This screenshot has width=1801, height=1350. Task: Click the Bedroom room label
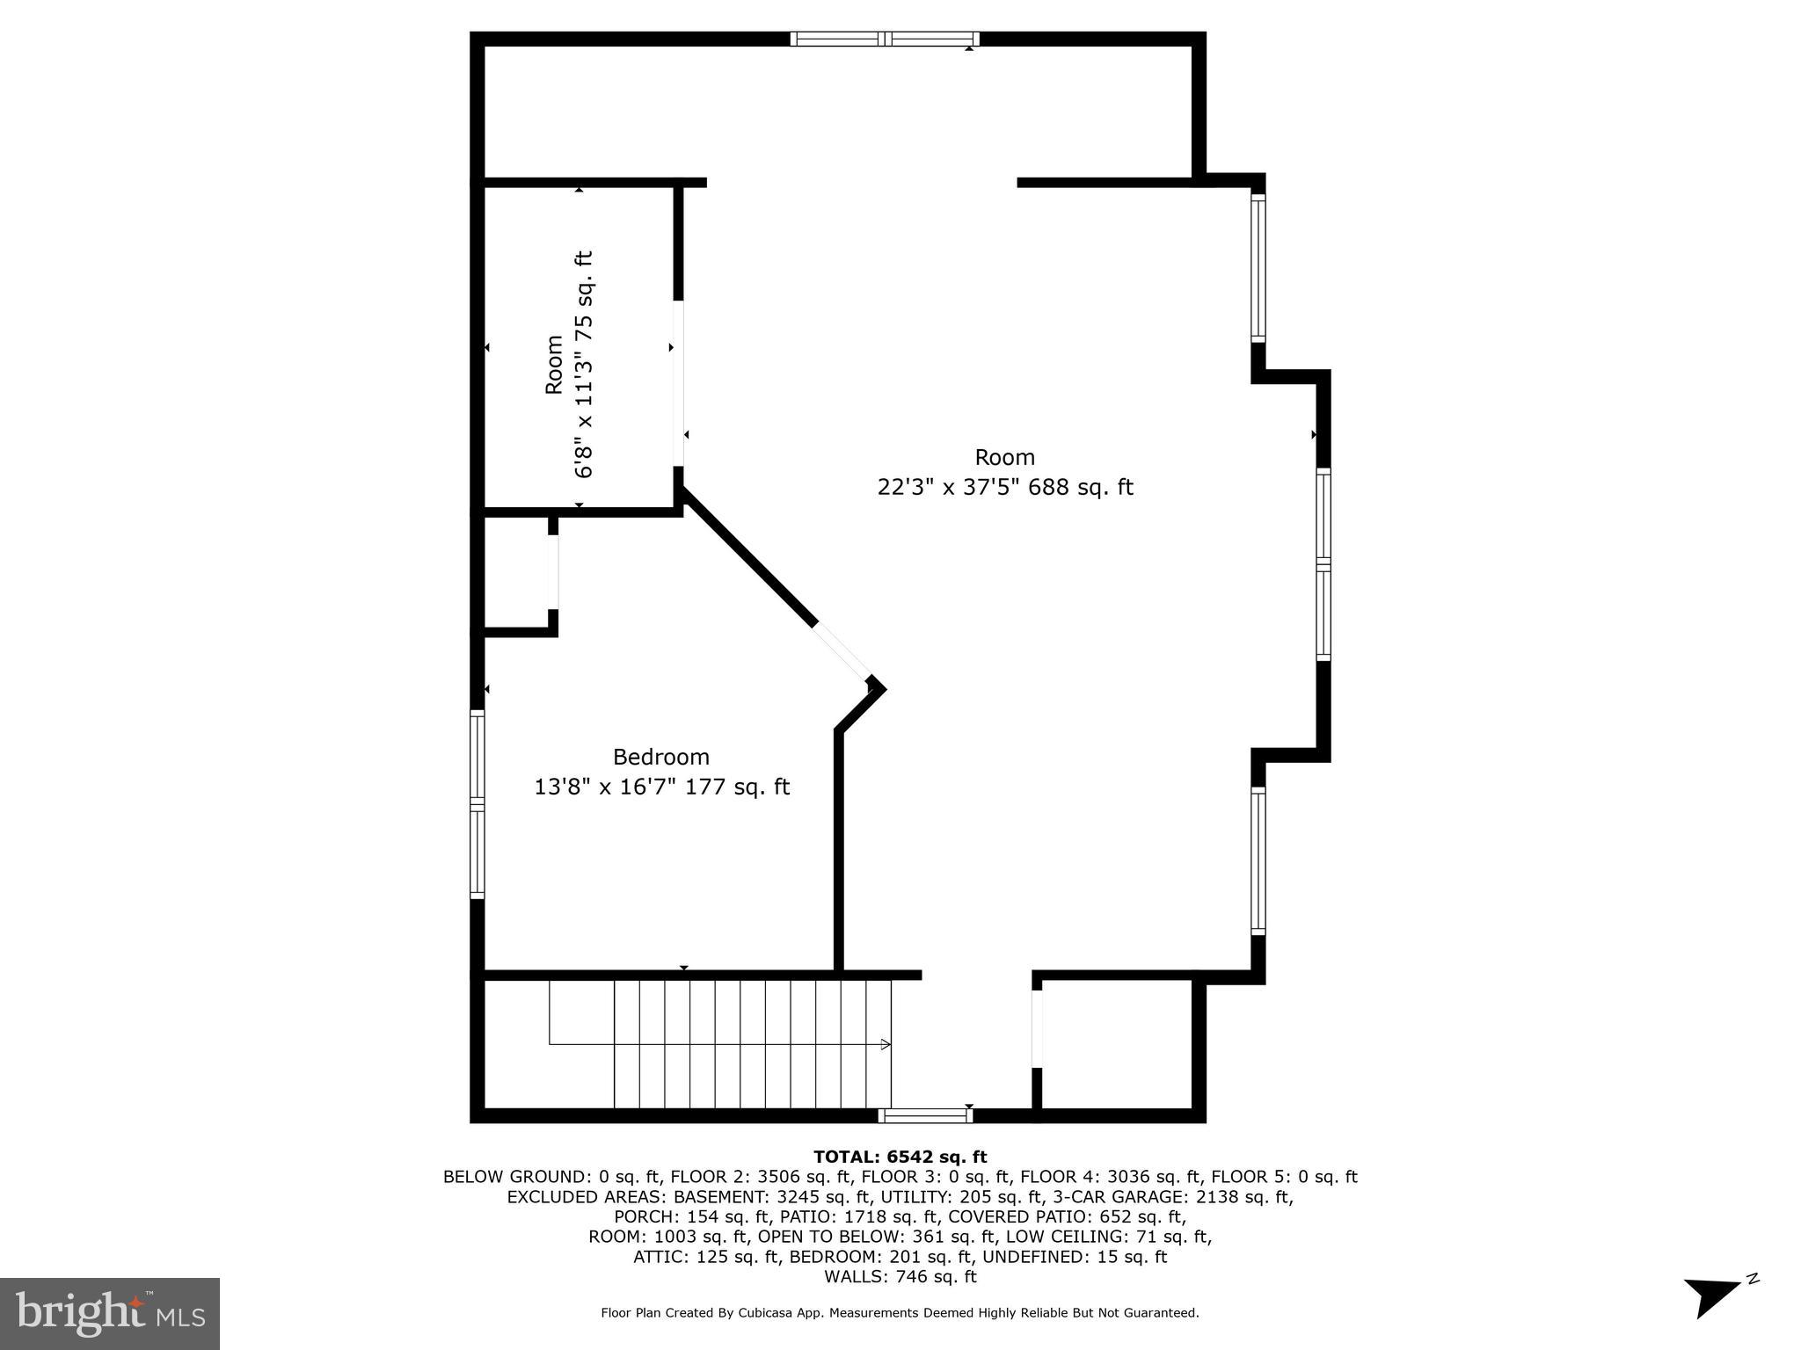click(660, 757)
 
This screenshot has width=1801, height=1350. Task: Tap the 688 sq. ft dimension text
click(1081, 487)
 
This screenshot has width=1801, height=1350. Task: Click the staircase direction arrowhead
click(886, 1044)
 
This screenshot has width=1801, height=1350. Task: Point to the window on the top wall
click(884, 39)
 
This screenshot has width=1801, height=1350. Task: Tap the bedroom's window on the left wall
click(478, 803)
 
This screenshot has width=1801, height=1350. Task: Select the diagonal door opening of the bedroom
click(842, 652)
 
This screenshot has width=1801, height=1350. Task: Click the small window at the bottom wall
click(925, 1116)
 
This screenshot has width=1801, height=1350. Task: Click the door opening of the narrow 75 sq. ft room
click(679, 384)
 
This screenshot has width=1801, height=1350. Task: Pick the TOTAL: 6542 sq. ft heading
click(900, 1157)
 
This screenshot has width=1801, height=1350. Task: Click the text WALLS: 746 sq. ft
click(900, 1277)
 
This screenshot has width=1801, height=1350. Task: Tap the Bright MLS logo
click(110, 1313)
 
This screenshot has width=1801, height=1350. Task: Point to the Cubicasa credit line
click(900, 1313)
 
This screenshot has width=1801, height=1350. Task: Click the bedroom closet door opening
click(553, 571)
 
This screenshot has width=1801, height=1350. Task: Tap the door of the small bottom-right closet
click(1037, 1028)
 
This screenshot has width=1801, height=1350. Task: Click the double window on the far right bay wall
click(1323, 564)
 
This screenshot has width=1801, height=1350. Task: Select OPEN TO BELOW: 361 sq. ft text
click(824, 1237)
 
